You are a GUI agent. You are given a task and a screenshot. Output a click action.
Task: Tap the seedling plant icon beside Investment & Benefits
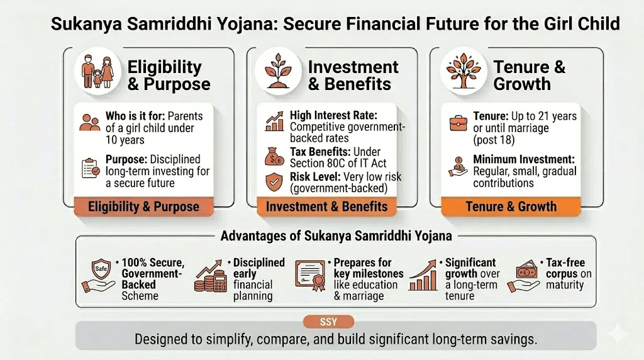coord(279,71)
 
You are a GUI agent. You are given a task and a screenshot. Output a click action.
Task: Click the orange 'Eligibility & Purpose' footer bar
coord(143,206)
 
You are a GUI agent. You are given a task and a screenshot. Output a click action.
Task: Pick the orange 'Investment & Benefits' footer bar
coord(327,206)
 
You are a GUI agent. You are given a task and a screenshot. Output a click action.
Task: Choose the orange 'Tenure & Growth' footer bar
coord(511,206)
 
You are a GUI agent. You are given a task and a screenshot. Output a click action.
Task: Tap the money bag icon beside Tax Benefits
coord(274,156)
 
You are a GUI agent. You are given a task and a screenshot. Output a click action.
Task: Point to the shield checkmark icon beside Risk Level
coord(274,181)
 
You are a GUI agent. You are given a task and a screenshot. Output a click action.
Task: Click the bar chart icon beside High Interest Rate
coord(274,122)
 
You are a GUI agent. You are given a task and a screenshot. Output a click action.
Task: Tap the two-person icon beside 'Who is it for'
coord(90,122)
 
